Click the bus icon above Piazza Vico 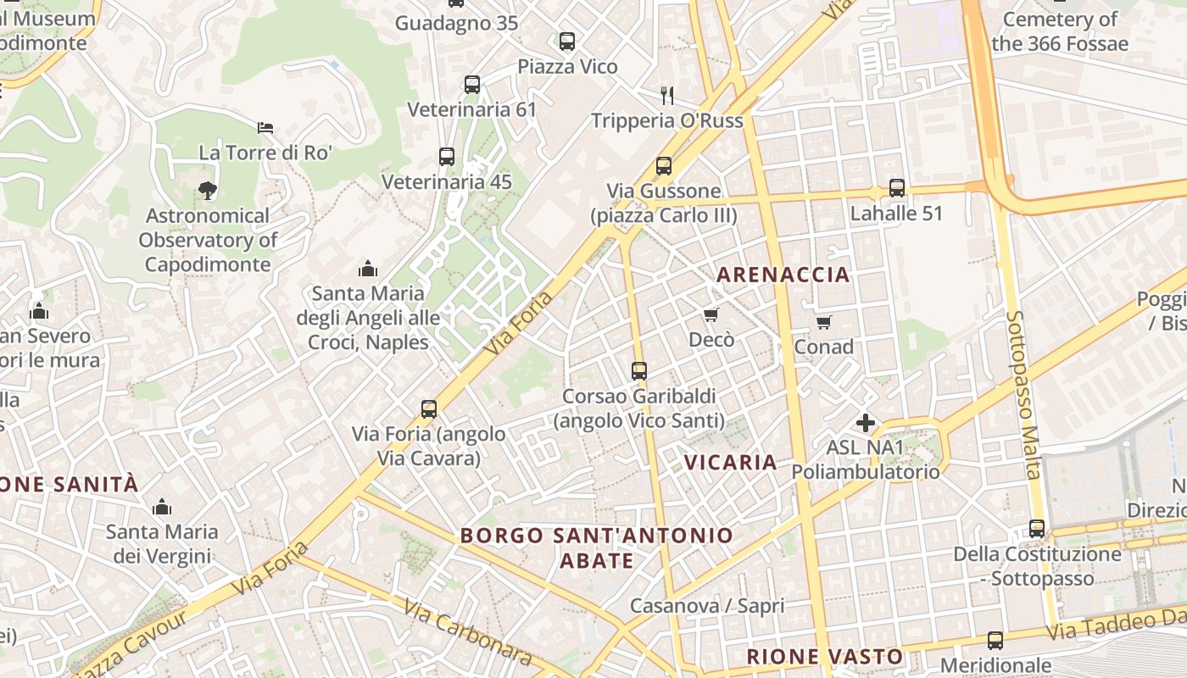(x=567, y=41)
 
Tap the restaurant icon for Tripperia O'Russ (x=667, y=95)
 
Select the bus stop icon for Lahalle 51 (x=897, y=188)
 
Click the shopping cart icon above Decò (x=711, y=314)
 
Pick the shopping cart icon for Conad (x=823, y=322)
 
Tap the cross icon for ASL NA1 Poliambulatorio (x=866, y=422)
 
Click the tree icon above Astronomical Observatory (x=208, y=191)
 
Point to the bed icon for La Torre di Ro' (x=265, y=128)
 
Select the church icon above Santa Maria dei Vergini (x=161, y=507)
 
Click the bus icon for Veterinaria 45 (x=447, y=157)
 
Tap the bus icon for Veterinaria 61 (x=472, y=85)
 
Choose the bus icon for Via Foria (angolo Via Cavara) (x=429, y=409)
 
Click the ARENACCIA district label (x=783, y=274)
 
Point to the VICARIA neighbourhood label (x=730, y=462)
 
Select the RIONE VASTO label (x=824, y=656)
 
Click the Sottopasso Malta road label (x=1023, y=394)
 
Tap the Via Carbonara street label (x=467, y=632)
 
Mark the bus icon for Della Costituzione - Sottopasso (x=1037, y=529)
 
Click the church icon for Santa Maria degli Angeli (x=368, y=269)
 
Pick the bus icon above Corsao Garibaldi (x=639, y=370)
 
